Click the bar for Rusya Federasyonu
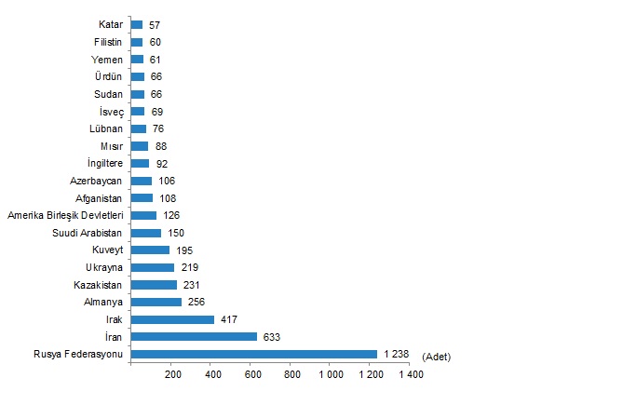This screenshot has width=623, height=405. pyautogui.click(x=254, y=354)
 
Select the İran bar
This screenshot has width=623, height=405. pyautogui.click(x=194, y=336)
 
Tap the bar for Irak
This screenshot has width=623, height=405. pyautogui.click(x=172, y=319)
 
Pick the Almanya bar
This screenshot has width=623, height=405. pyautogui.click(x=156, y=302)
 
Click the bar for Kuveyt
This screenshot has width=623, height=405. pyautogui.click(x=150, y=250)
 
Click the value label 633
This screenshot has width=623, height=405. pyautogui.click(x=272, y=336)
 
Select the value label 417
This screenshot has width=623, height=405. pyautogui.click(x=229, y=319)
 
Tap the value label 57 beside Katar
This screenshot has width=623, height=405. pyautogui.click(x=155, y=24)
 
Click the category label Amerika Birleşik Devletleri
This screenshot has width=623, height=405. pyautogui.click(x=66, y=215)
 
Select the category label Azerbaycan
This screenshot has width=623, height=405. pyautogui.click(x=97, y=181)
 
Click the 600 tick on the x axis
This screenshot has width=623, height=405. pyautogui.click(x=251, y=375)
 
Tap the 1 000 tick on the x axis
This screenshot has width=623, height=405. pyautogui.click(x=331, y=375)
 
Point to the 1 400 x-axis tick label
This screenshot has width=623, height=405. pyautogui.click(x=410, y=375)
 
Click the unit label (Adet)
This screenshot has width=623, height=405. pyautogui.click(x=437, y=357)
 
